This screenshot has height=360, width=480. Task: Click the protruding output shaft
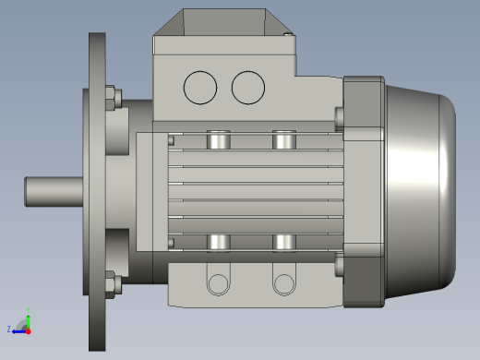54,191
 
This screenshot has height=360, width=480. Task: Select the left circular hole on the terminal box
200,87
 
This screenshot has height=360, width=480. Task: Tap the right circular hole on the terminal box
247,87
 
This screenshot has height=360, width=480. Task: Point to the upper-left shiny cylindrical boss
218,140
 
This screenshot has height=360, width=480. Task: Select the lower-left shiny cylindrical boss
218,242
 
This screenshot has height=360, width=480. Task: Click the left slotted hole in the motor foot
217,282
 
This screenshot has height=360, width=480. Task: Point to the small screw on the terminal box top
289,36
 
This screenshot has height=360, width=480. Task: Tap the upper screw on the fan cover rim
339,116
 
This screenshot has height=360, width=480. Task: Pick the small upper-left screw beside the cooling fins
172,140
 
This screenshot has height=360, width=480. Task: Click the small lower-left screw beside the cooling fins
172,243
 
